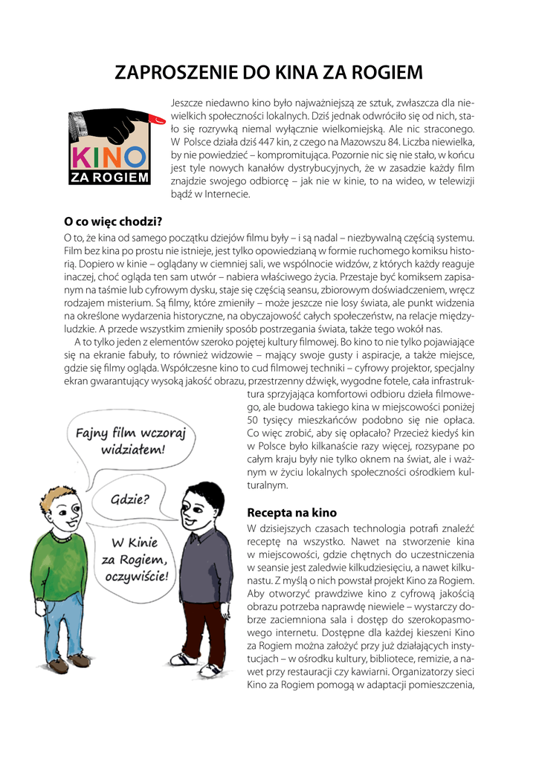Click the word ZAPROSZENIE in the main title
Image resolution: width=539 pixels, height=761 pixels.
point(175,72)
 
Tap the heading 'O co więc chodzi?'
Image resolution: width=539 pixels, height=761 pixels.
point(114,221)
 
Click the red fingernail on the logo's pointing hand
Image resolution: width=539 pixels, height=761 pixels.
point(157,118)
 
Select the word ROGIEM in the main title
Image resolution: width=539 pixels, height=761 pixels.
point(383,72)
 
